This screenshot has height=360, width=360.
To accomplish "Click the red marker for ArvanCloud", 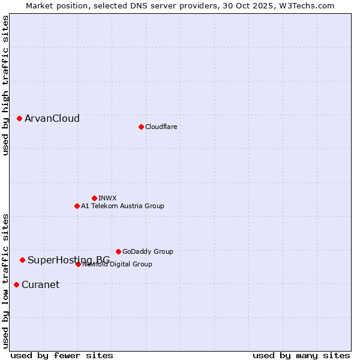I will [19, 119].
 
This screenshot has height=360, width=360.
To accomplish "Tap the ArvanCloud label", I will [52, 119].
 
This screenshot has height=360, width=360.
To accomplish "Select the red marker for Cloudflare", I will [141, 127].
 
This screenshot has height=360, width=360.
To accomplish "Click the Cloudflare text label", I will [161, 127].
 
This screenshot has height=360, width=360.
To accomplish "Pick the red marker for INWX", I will [94, 198].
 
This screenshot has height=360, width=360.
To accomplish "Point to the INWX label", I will [107, 198].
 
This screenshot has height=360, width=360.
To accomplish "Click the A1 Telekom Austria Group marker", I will [77, 206].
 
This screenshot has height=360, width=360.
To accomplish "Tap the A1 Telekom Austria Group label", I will [122, 206].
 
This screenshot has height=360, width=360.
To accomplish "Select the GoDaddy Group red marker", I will [118, 251].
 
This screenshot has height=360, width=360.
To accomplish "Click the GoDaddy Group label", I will [148, 251].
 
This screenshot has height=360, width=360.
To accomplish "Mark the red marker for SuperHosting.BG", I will [22, 260].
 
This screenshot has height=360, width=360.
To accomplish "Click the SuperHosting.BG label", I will [68, 260].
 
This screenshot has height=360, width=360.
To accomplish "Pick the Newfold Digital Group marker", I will [78, 264].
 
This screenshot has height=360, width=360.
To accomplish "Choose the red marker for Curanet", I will [16, 284].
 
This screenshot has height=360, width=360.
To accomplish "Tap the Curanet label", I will [40, 284].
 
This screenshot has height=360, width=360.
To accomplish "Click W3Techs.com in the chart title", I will [311, 5].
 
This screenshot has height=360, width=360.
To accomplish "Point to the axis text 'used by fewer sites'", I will [62, 355].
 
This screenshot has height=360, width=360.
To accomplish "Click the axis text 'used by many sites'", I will [301, 355].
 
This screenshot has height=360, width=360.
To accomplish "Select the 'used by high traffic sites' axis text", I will [5, 85].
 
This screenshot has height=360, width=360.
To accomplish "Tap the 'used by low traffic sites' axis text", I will [5, 280].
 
